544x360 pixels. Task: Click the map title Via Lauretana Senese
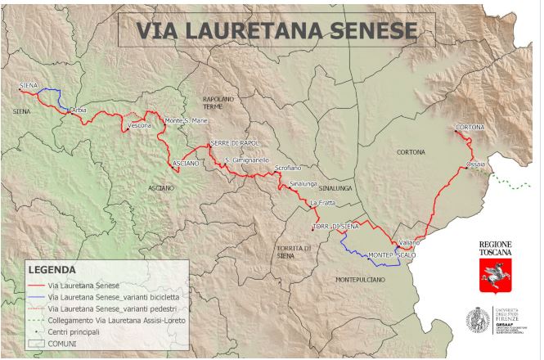[276, 30]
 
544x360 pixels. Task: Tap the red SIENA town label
[28, 84]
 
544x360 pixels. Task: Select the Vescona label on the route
[140, 125]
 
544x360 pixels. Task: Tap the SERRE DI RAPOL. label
[235, 143]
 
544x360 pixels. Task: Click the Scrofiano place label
[289, 167]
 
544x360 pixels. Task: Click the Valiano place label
[409, 243]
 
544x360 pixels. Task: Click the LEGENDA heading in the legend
[52, 268]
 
